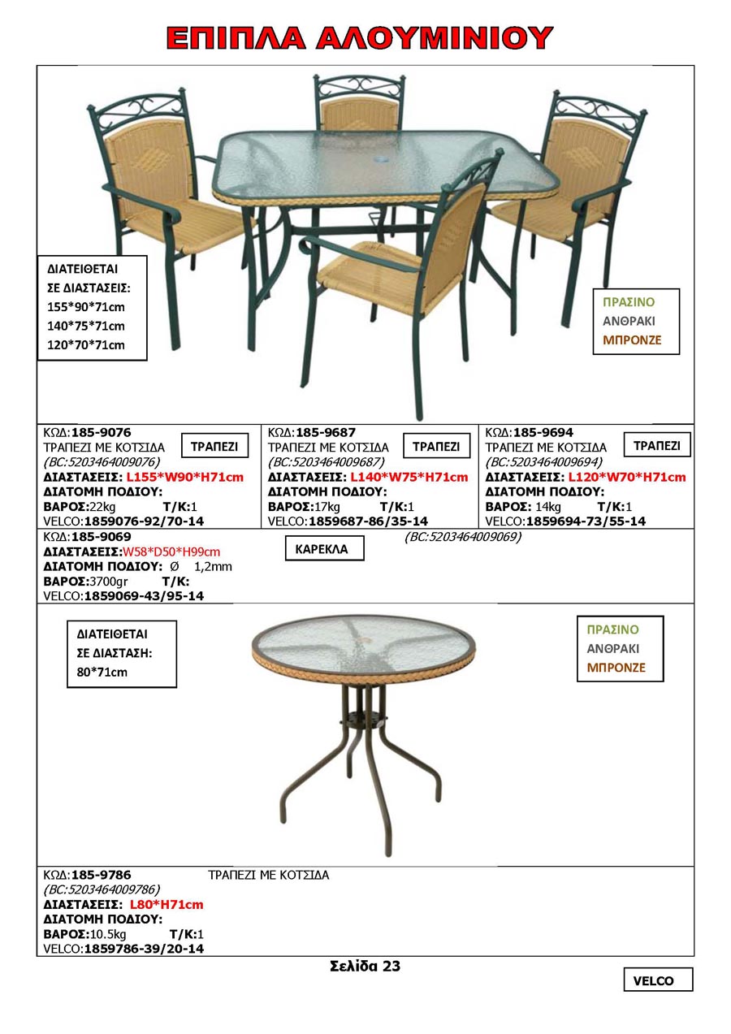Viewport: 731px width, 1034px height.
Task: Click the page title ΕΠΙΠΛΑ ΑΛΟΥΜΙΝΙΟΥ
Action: [359, 38]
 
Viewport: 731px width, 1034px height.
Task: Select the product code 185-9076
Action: [101, 432]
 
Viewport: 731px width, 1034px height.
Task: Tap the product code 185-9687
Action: [326, 432]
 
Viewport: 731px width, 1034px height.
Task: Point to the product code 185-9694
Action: [543, 432]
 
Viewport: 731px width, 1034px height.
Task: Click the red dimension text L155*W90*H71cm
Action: [184, 477]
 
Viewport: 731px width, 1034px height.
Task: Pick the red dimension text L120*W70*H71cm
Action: [626, 477]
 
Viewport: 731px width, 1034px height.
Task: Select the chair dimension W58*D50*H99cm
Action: [171, 552]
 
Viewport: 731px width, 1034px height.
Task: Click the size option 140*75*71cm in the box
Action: [86, 326]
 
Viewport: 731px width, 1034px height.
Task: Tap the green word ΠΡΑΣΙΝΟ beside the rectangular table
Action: [628, 301]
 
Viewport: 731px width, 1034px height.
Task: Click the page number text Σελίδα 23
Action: [365, 967]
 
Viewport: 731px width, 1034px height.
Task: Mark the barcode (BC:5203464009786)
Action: [102, 889]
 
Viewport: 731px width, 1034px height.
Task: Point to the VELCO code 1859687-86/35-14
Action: [368, 521]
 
